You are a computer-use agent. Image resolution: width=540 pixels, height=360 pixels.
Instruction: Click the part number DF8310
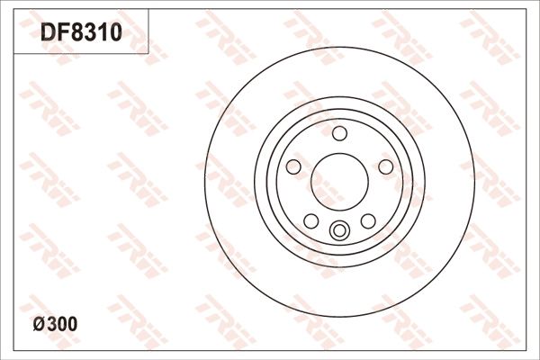(80, 33)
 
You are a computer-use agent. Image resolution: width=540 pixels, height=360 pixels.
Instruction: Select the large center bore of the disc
(339, 180)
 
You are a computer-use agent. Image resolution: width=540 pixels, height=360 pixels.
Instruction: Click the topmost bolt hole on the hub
(339, 134)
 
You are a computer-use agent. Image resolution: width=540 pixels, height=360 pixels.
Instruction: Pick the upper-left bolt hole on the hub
(293, 166)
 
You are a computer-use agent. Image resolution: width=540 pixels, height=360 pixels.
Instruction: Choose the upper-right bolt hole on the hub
(385, 166)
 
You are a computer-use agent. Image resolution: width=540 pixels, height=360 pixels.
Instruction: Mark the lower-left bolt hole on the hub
(310, 220)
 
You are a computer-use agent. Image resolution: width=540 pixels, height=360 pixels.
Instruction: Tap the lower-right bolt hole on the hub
(368, 220)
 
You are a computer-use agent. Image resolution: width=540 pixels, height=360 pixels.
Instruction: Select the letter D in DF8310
(48, 33)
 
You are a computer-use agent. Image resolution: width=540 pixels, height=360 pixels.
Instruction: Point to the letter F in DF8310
(61, 33)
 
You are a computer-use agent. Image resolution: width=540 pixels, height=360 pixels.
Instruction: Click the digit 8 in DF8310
(75, 33)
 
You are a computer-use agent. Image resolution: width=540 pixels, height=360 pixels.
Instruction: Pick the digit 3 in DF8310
(88, 33)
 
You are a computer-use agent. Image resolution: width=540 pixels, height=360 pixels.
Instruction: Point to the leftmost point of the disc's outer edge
(204, 180)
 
